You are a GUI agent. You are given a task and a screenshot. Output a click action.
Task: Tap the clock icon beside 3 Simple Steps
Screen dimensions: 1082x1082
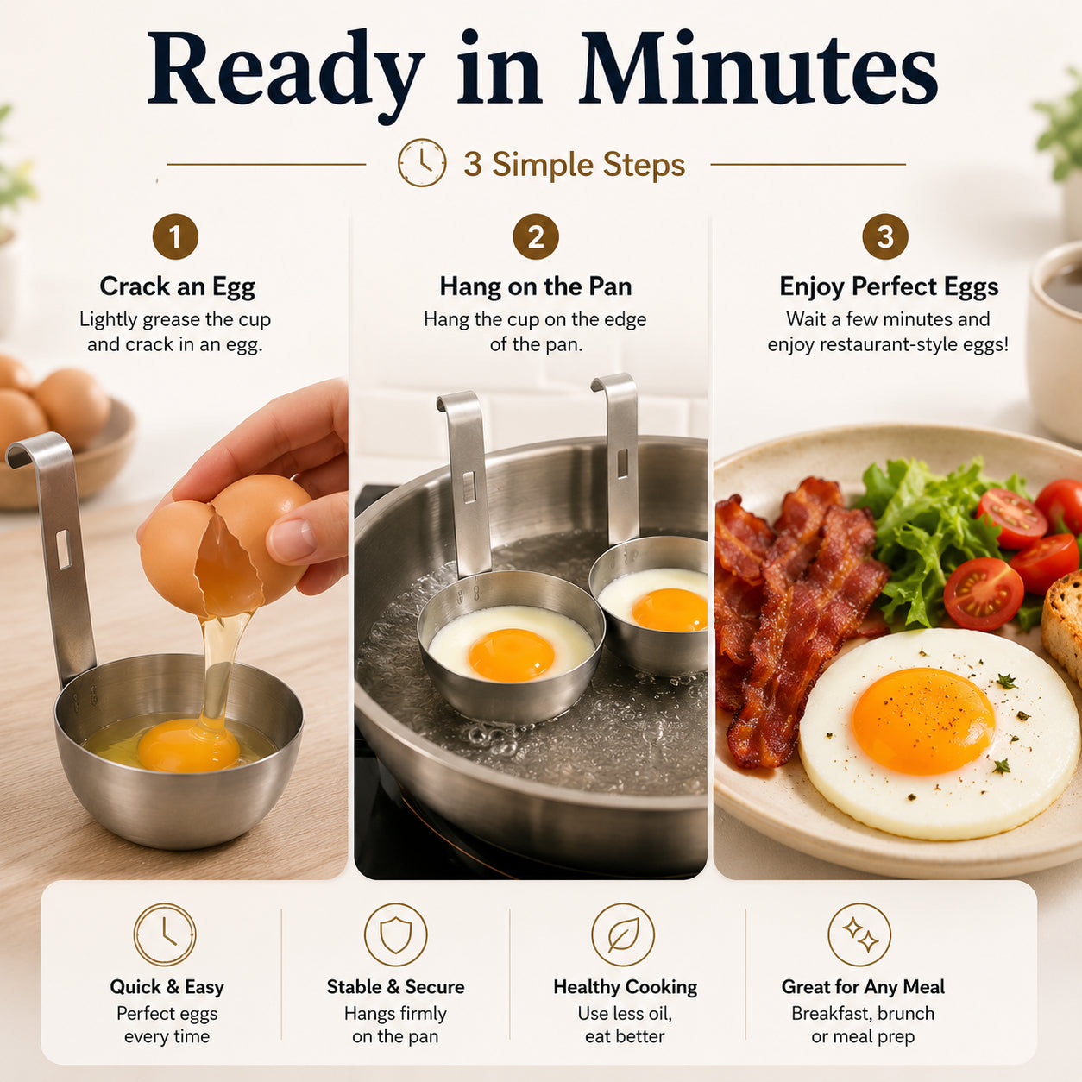(x=422, y=163)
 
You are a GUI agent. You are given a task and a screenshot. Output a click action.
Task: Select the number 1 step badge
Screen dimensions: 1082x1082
(x=175, y=236)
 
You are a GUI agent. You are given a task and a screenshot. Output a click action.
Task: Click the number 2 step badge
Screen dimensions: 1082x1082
(x=536, y=236)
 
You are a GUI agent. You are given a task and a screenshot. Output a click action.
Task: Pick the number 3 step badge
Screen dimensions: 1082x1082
(x=885, y=236)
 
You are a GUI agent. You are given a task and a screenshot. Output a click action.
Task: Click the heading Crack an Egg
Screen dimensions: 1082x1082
(x=178, y=286)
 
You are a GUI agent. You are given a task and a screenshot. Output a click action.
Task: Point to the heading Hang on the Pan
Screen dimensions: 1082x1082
(x=536, y=286)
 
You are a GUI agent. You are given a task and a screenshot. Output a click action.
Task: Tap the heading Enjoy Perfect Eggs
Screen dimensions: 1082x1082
(x=889, y=286)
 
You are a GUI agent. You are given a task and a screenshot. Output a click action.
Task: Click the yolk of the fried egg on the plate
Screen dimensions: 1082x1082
(x=923, y=720)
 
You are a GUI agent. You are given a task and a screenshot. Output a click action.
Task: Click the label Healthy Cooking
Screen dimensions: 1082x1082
(x=625, y=986)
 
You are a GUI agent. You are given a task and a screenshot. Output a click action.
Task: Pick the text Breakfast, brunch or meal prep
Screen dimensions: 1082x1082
(x=863, y=1025)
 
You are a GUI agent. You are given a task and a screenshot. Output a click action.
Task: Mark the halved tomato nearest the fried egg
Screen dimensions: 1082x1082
(x=983, y=594)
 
